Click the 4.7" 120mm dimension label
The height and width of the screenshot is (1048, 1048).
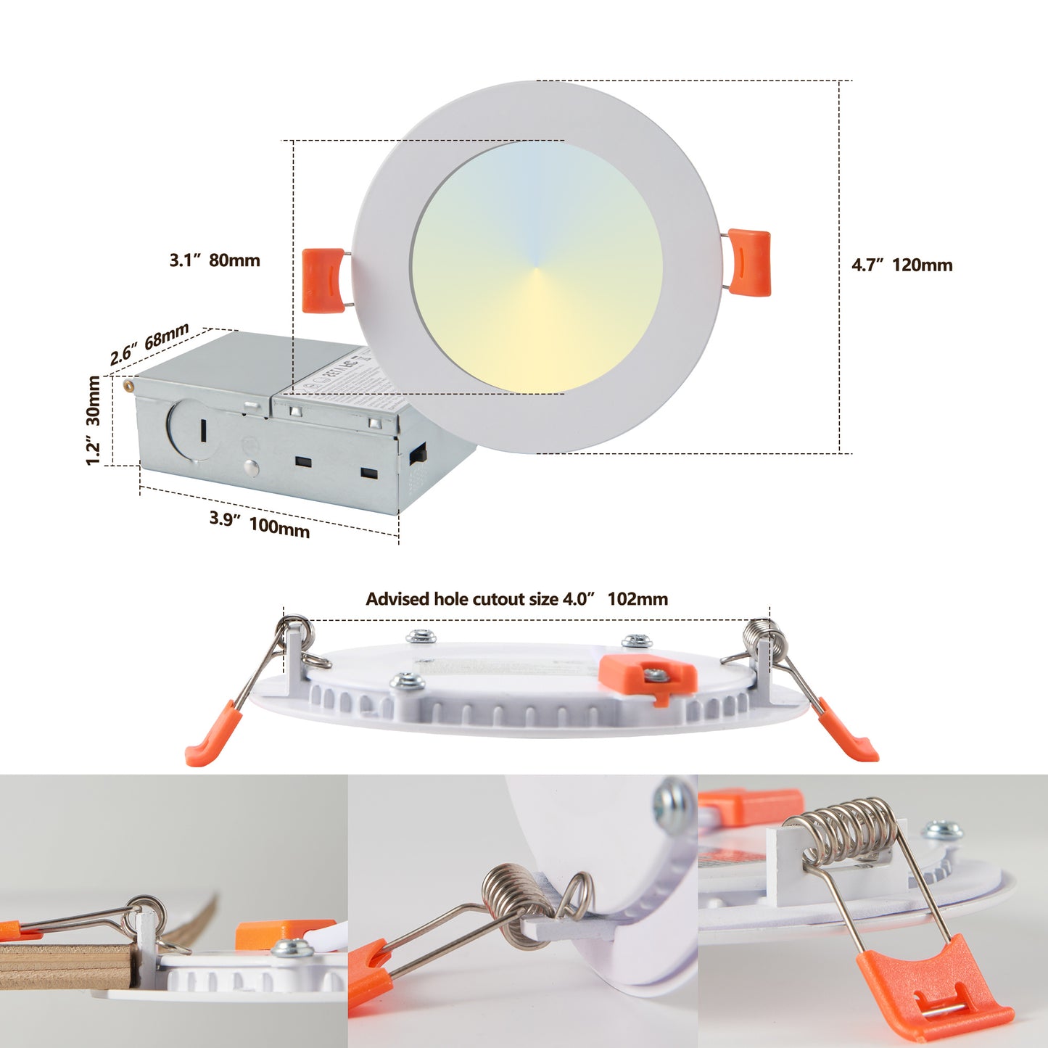click(x=901, y=265)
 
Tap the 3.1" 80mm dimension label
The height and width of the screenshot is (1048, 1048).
click(x=215, y=260)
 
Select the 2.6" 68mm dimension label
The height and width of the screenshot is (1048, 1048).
click(x=149, y=344)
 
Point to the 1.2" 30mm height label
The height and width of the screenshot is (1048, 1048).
click(x=93, y=421)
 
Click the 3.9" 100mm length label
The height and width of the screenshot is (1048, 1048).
click(x=260, y=524)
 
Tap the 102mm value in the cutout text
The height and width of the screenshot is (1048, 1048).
click(x=638, y=599)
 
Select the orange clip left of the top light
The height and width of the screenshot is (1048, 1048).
click(x=323, y=280)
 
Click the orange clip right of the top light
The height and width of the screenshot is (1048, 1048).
click(x=749, y=262)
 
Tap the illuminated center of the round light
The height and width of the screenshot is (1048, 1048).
click(x=536, y=267)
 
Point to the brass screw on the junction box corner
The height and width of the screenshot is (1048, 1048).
click(x=129, y=385)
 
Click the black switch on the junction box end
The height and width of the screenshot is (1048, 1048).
click(x=418, y=455)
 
